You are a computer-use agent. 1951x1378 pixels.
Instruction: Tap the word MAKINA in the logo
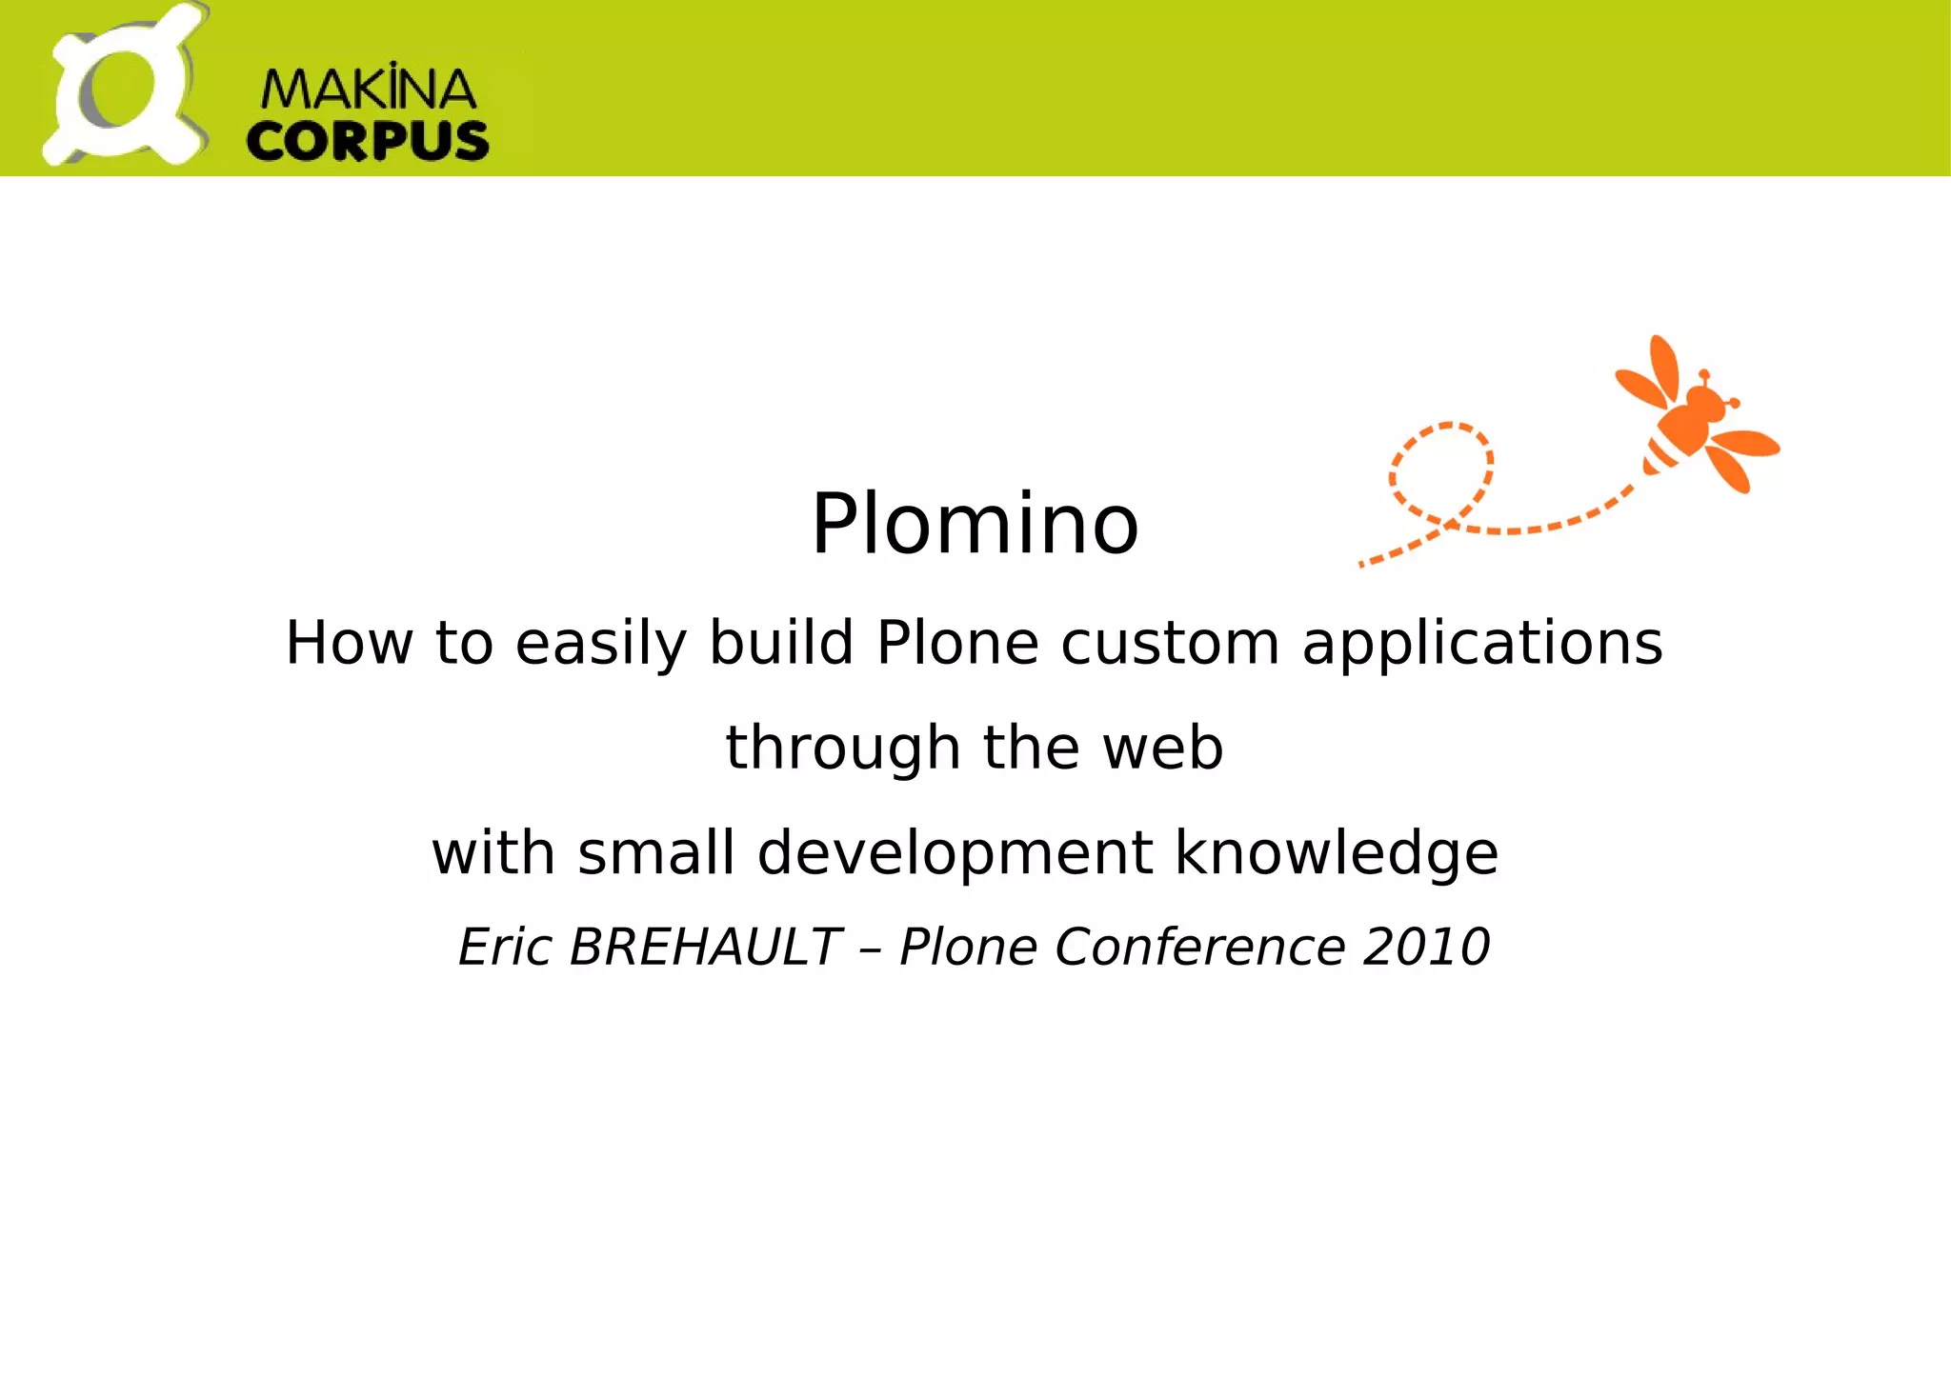coord(369,90)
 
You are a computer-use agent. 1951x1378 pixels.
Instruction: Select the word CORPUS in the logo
coord(368,141)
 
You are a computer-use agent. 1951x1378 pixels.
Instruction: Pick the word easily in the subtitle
coord(600,644)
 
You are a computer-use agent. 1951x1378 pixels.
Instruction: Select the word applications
coord(1482,644)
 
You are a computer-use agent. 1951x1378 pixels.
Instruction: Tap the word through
coord(842,749)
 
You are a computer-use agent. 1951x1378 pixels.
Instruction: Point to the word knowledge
coord(1337,853)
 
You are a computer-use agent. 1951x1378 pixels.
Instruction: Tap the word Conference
coord(1199,947)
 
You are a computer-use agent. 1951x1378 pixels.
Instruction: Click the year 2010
coord(1426,947)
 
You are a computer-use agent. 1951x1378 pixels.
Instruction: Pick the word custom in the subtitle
coord(1170,644)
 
